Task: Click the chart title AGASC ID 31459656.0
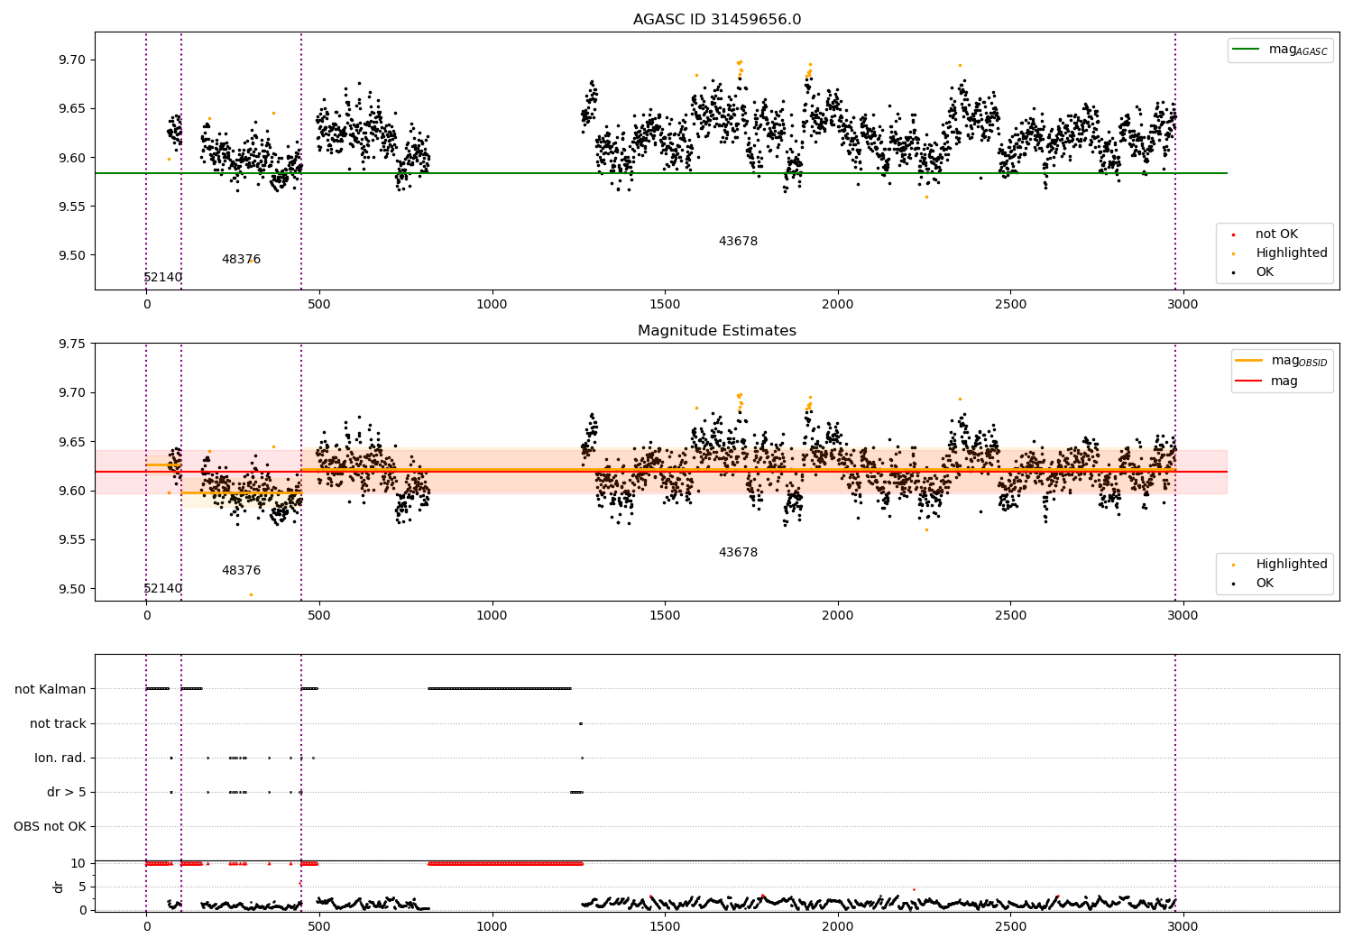click(x=717, y=19)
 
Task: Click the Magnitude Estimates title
click(x=717, y=330)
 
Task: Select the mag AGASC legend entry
click(x=1281, y=50)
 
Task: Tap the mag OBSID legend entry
click(x=1281, y=361)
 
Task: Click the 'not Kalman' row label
click(x=51, y=689)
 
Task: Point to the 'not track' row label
click(x=58, y=723)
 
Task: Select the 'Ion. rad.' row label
click(x=60, y=758)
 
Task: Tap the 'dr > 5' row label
click(x=67, y=792)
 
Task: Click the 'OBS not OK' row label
click(x=50, y=826)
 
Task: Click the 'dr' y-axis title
click(x=58, y=887)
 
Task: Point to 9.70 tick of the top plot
click(x=72, y=60)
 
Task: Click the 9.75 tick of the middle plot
click(x=72, y=344)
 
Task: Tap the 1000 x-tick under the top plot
click(x=492, y=305)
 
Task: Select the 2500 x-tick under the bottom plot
click(x=1010, y=926)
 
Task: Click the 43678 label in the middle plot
click(x=738, y=552)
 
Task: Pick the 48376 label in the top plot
click(x=241, y=259)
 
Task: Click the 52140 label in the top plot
click(x=162, y=277)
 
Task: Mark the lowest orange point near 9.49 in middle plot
click(x=252, y=595)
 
